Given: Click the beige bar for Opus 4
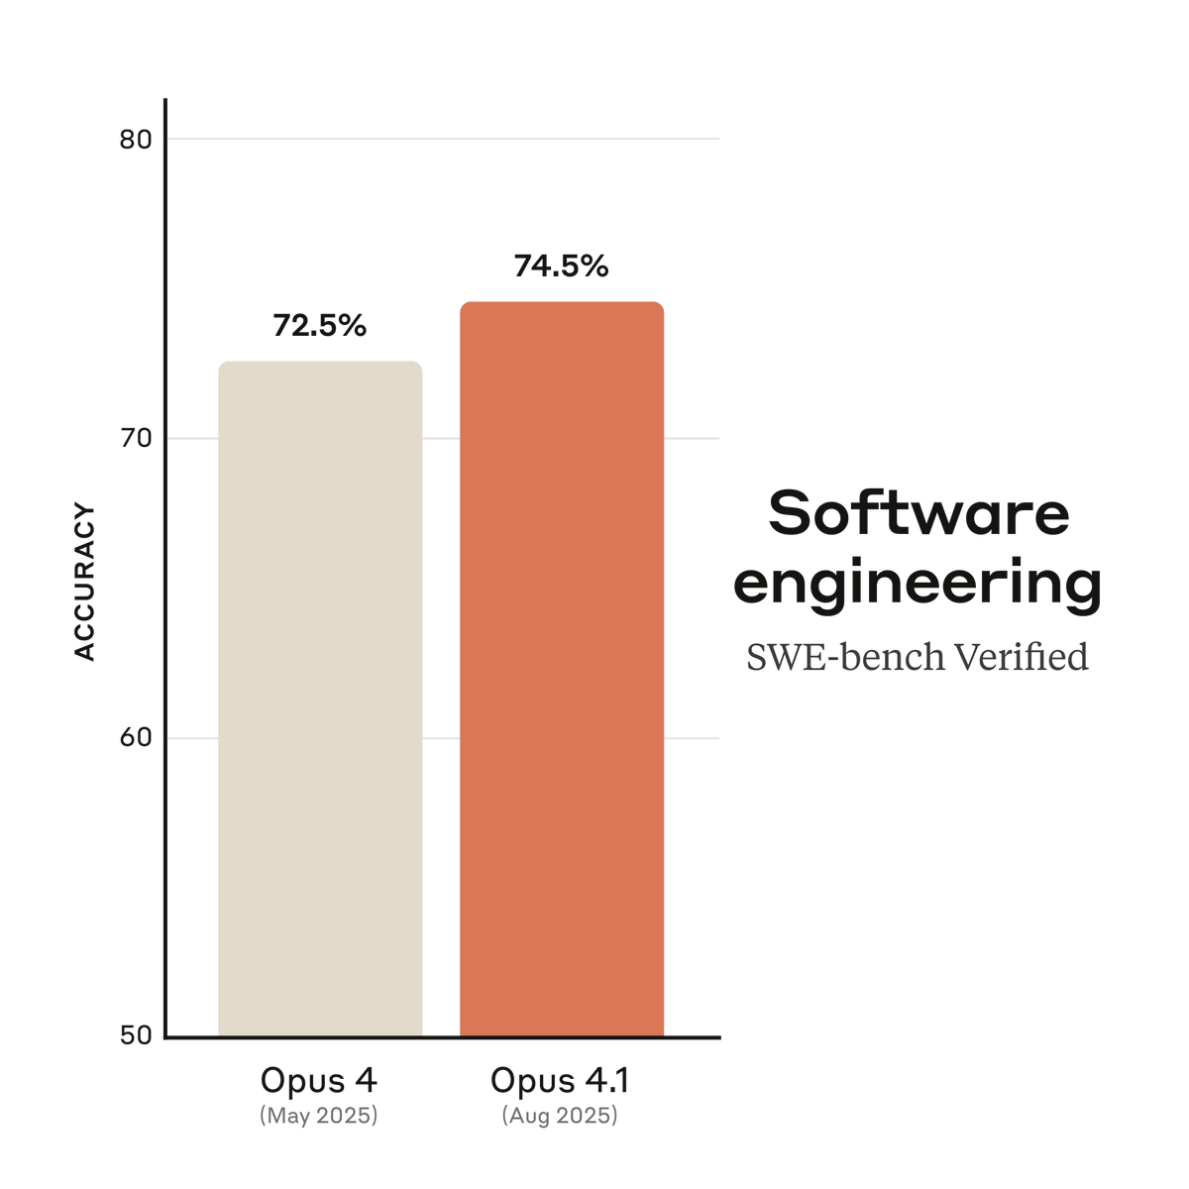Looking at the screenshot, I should [320, 699].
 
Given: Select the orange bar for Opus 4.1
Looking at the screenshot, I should [562, 669].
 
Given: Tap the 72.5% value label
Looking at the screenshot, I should [320, 325].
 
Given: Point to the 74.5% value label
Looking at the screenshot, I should [561, 266].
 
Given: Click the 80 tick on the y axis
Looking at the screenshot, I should [136, 140].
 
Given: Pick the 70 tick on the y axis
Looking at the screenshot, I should [136, 439].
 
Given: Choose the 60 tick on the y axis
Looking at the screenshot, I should [136, 738].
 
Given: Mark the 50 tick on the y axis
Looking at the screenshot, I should [136, 1035].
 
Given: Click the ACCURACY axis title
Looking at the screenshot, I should [85, 583].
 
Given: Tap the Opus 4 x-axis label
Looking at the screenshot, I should [319, 1080].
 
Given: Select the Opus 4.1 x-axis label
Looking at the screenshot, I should [560, 1080].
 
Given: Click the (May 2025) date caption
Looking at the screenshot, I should [319, 1116].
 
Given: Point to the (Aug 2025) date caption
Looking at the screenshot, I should [560, 1116].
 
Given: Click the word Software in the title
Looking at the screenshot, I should [919, 512].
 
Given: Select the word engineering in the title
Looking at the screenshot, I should [918, 585].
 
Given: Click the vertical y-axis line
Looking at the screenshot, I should [165, 594].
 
